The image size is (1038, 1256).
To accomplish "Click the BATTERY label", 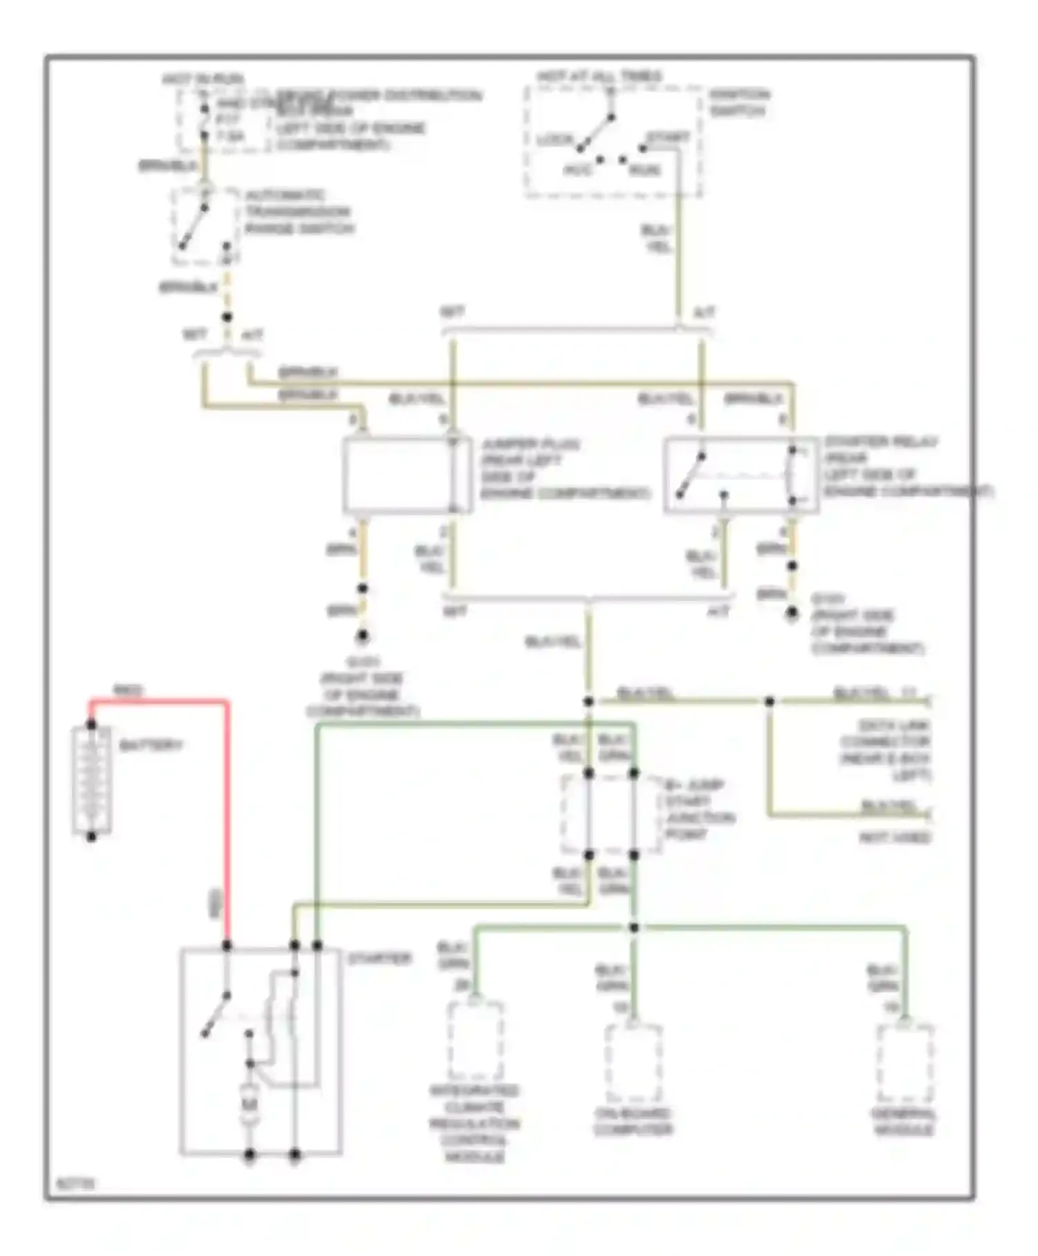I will (150, 746).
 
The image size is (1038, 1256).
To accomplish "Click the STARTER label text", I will (379, 959).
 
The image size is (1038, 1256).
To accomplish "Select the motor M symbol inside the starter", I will (249, 1105).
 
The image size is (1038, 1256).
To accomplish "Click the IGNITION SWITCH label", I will (739, 102).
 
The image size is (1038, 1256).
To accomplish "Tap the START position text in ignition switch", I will (668, 137).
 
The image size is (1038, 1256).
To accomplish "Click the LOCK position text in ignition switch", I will (555, 140).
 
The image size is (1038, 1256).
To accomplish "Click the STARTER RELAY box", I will (740, 476).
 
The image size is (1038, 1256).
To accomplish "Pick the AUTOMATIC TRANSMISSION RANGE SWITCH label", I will (298, 212).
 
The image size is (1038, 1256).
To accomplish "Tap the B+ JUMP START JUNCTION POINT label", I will (698, 809).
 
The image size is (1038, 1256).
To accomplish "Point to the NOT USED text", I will (895, 838).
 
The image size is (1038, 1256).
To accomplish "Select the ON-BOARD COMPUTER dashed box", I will (633, 1063).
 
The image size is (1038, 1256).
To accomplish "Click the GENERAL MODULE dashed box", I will (904, 1063).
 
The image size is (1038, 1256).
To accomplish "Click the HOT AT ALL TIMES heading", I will (599, 76).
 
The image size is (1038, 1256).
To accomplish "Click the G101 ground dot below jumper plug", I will (362, 636).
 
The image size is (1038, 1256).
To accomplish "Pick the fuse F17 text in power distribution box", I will (228, 120).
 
